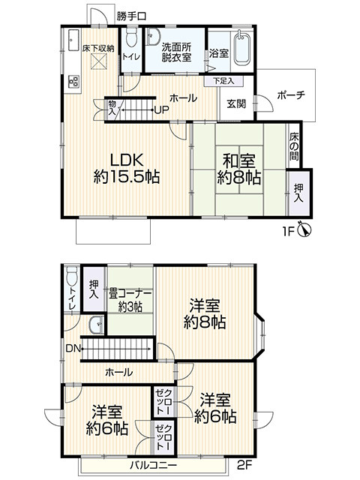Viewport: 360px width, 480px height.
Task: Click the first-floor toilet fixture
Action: click(131, 40)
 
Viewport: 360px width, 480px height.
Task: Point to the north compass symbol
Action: click(304, 231)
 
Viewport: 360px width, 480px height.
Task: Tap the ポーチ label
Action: click(289, 95)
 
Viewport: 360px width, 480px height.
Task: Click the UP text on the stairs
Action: click(160, 111)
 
